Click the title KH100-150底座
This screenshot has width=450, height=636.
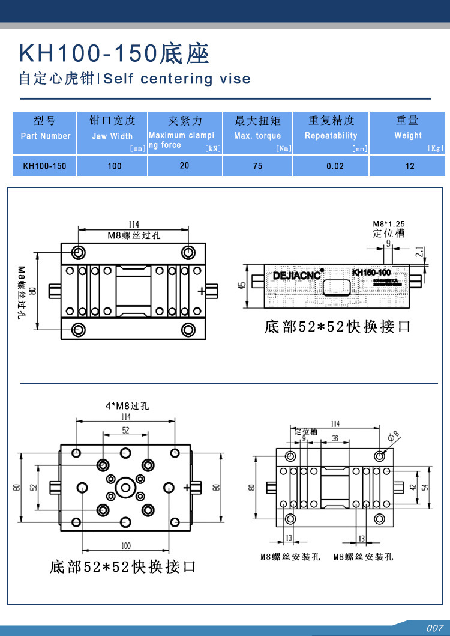click(x=115, y=54)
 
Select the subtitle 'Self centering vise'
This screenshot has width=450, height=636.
click(x=178, y=79)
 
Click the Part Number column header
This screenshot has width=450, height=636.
click(x=45, y=136)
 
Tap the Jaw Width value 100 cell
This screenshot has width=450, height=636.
click(x=115, y=166)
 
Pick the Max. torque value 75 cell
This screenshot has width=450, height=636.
click(x=257, y=166)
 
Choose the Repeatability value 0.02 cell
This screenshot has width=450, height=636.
click(x=335, y=166)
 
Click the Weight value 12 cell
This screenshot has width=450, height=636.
click(x=410, y=166)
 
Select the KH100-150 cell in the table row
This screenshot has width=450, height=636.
click(x=44, y=166)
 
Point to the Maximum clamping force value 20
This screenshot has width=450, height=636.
click(x=184, y=165)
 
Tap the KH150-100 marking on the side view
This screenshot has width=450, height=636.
click(x=371, y=273)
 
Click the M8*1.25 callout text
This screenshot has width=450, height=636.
click(x=389, y=224)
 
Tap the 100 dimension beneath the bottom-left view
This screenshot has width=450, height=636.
click(x=125, y=545)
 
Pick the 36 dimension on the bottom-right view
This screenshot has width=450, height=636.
click(x=335, y=439)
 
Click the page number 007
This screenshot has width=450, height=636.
click(x=434, y=628)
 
